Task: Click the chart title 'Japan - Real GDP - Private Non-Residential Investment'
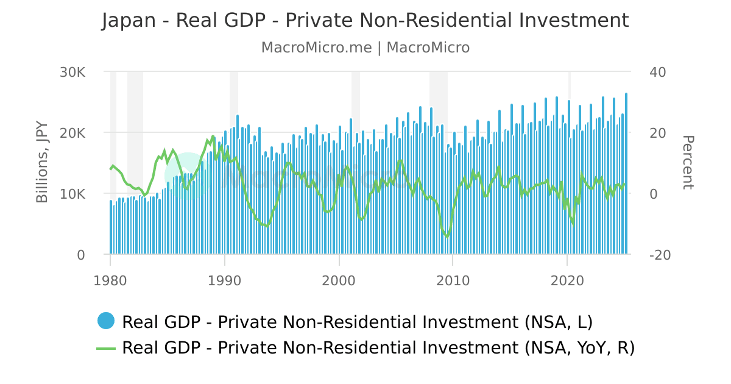tap(365, 20)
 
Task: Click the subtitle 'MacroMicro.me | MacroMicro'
tap(365, 48)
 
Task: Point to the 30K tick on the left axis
tap(72, 72)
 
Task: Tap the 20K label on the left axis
tap(72, 133)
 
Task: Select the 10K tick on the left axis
tap(72, 194)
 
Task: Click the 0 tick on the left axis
tap(80, 255)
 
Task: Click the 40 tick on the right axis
tap(658, 72)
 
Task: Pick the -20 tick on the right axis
tap(660, 255)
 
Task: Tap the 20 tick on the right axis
tap(658, 133)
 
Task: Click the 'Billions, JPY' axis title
tap(42, 163)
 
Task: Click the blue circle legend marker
tap(106, 321)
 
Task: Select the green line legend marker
tap(106, 348)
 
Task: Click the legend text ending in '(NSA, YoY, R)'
tap(378, 348)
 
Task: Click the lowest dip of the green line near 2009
tap(447, 237)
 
